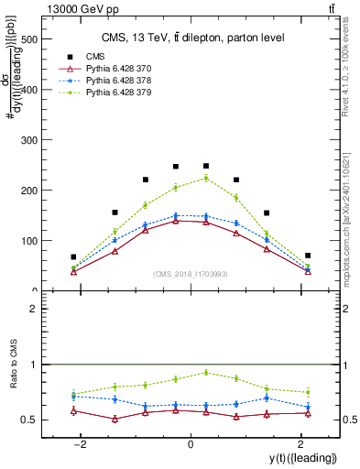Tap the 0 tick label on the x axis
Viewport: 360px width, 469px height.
(x=191, y=444)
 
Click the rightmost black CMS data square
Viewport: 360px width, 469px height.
(x=308, y=256)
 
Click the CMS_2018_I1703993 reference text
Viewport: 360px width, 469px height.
(x=191, y=274)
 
